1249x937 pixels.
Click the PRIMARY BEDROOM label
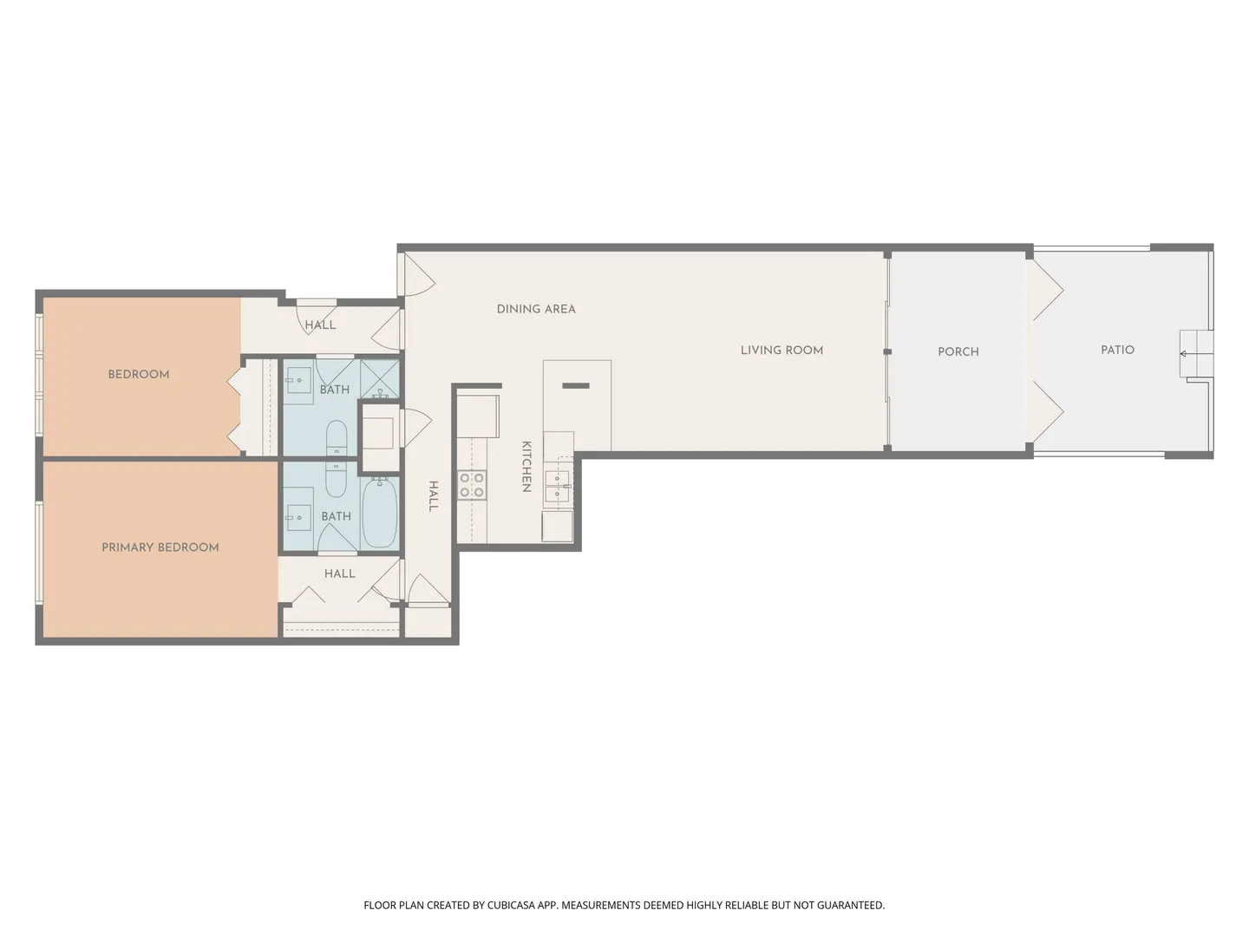(x=160, y=547)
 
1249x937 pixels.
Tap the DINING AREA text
(x=536, y=309)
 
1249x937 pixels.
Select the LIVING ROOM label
(x=781, y=351)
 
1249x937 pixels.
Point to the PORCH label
(x=958, y=352)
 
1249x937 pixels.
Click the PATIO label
(x=1117, y=351)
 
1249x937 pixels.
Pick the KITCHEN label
(x=526, y=467)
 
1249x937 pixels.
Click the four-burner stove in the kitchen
(x=472, y=485)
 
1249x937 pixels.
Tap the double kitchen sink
(x=557, y=486)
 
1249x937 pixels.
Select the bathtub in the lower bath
(x=380, y=512)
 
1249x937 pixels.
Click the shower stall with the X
(x=380, y=378)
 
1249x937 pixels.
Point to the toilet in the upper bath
(x=337, y=438)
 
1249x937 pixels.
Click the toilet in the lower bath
(x=336, y=479)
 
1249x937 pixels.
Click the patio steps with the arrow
(x=1196, y=353)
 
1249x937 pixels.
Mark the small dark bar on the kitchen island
(x=576, y=386)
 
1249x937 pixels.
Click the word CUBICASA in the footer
(x=511, y=905)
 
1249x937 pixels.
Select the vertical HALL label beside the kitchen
(x=434, y=496)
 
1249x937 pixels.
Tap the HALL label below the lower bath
(x=340, y=573)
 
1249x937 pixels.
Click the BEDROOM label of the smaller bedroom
(x=139, y=374)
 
